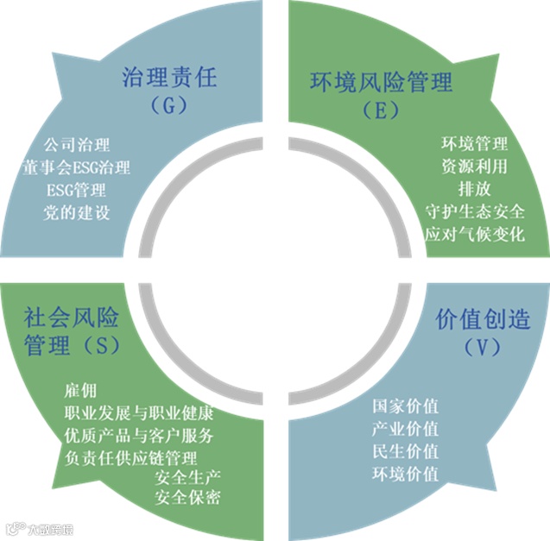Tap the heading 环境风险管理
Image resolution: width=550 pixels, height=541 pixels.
click(381, 84)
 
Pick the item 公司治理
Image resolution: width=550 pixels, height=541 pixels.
click(76, 144)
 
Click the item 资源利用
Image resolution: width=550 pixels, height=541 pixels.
click(474, 166)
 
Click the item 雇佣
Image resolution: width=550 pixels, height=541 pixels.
click(81, 389)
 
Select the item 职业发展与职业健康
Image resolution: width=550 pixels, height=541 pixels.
click(139, 412)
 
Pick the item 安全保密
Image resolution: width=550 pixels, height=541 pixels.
click(187, 498)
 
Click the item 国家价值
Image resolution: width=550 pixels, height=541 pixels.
click(405, 405)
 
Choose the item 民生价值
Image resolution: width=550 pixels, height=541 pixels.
click(405, 450)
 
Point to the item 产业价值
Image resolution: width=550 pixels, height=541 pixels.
click(405, 428)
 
